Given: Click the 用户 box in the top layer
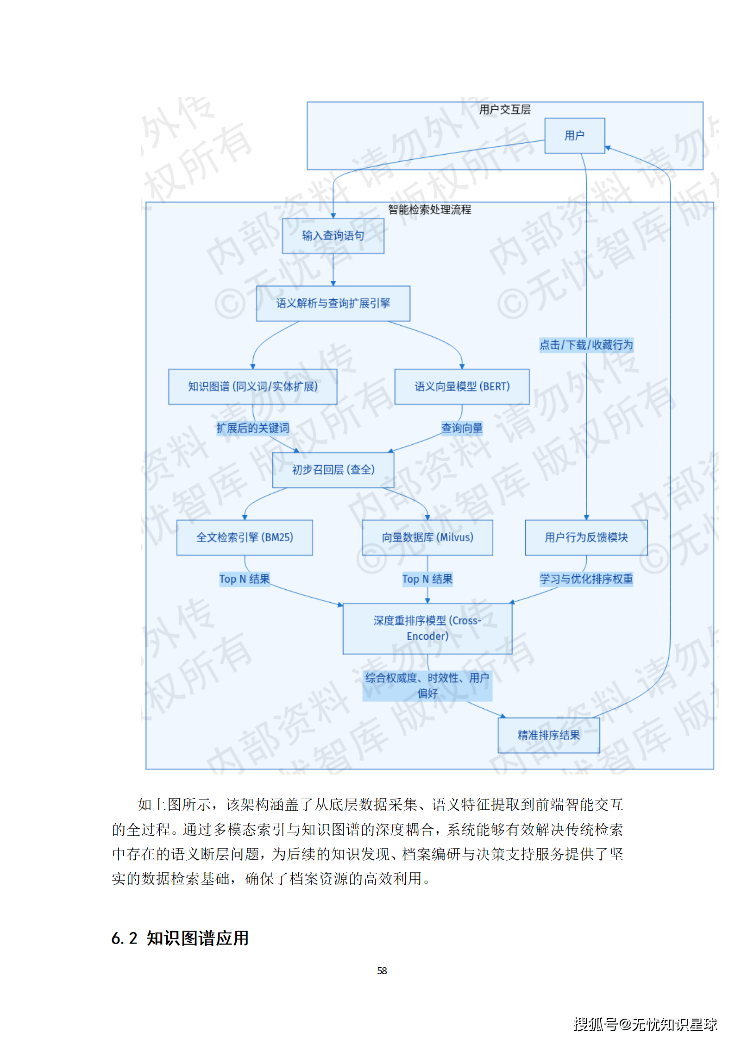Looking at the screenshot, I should click(x=574, y=136).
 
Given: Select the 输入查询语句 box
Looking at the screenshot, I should click(x=333, y=236).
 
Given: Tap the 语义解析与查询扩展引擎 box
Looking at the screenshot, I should click(x=333, y=303).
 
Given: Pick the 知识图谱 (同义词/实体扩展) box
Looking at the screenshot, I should click(x=252, y=387).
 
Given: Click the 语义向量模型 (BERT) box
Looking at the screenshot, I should click(x=462, y=387).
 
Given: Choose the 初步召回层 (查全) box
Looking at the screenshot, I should click(x=333, y=470).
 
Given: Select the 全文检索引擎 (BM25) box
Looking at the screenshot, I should click(x=245, y=537).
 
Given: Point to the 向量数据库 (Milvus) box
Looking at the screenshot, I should click(x=427, y=537).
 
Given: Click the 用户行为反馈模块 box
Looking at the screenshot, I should click(x=586, y=537).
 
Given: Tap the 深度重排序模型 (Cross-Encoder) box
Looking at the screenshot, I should click(x=427, y=628).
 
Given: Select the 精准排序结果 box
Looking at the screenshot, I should click(x=548, y=735).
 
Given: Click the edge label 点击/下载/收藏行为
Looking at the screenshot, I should click(x=586, y=345).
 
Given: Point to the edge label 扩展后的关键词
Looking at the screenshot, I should click(x=253, y=428).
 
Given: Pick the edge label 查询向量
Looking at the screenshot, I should click(x=462, y=428).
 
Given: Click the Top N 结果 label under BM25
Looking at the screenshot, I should click(x=245, y=579).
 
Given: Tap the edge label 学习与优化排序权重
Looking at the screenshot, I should click(x=586, y=579).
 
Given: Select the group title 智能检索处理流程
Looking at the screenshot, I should click(x=429, y=210).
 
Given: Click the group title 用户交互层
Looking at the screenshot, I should click(x=505, y=110).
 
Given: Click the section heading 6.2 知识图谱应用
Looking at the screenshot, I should click(x=180, y=938).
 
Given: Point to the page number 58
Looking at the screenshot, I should click(x=382, y=971).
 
